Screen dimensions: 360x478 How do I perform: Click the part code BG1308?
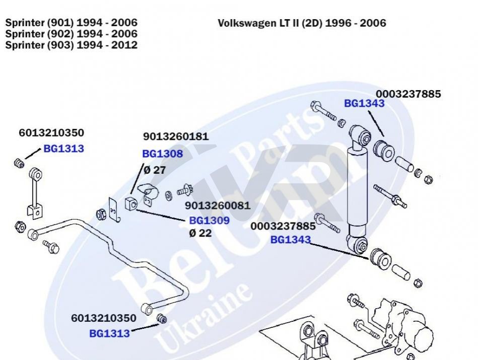(x=162, y=154)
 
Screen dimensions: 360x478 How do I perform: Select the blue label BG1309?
(x=209, y=221)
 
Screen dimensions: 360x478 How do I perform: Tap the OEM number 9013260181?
(x=175, y=136)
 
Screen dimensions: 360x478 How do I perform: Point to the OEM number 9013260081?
(x=217, y=206)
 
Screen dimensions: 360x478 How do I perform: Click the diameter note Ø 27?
(x=155, y=170)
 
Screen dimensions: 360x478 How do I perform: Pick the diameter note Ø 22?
(x=200, y=233)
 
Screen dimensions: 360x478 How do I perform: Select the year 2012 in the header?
(x=124, y=45)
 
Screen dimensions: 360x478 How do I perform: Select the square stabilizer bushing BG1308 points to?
(x=131, y=204)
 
